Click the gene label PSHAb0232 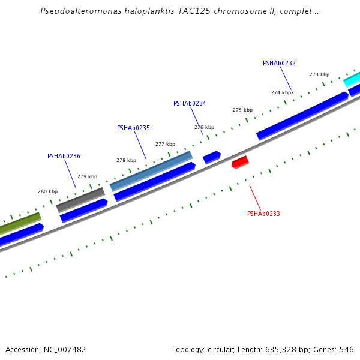(x=279, y=63)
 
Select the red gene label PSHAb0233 (x=263, y=214)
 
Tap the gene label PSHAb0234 (x=190, y=103)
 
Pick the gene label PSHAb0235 (x=133, y=128)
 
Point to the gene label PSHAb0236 (x=64, y=156)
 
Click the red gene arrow (x=240, y=162)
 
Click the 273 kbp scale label (x=319, y=74)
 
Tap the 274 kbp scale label (x=281, y=92)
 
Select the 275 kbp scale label (x=242, y=110)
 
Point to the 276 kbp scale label (x=204, y=127)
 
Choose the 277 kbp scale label (x=165, y=144)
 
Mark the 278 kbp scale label (x=126, y=160)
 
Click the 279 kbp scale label (x=87, y=176)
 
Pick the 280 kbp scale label (x=47, y=191)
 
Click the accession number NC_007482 (x=63, y=349)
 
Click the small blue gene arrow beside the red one (x=212, y=157)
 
